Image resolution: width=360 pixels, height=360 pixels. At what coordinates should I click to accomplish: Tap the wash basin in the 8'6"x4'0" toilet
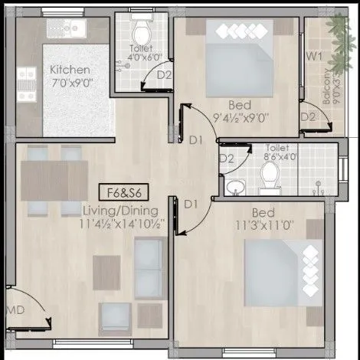pyautogui.click(x=235, y=186)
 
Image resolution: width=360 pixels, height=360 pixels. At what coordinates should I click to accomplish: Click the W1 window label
pyautogui.click(x=313, y=57)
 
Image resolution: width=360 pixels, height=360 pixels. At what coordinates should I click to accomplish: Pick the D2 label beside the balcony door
pyautogui.click(x=308, y=117)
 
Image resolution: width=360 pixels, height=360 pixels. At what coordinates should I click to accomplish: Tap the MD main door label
pyautogui.click(x=13, y=310)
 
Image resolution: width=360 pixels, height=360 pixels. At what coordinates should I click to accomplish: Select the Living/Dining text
pyautogui.click(x=121, y=210)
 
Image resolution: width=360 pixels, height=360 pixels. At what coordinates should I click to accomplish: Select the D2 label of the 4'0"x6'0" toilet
pyautogui.click(x=163, y=74)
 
